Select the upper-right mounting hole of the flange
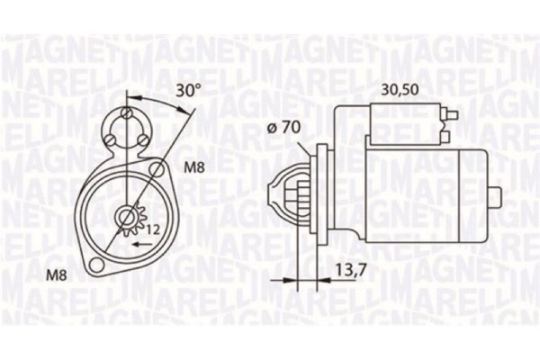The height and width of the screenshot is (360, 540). coord(156,168)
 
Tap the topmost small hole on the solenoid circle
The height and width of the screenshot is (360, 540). coord(128,114)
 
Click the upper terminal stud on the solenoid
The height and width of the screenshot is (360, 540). coord(444,112)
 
